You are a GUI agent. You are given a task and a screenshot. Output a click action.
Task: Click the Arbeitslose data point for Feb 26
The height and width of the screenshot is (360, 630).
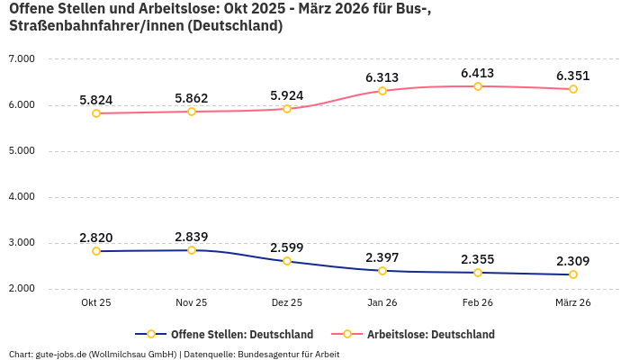click(x=478, y=86)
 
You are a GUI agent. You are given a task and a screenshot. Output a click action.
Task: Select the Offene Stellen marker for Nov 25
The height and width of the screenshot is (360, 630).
click(x=192, y=250)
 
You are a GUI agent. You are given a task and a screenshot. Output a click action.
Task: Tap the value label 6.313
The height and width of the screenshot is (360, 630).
click(x=382, y=77)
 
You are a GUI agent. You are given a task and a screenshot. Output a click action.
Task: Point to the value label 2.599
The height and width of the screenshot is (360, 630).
click(x=287, y=247)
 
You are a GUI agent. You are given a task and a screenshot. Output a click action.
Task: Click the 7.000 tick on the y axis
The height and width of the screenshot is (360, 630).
click(x=21, y=59)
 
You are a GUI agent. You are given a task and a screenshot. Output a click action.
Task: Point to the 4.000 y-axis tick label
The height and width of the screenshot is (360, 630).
click(x=21, y=197)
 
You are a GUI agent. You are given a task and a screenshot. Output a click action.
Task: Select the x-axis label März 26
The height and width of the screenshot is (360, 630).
click(x=573, y=303)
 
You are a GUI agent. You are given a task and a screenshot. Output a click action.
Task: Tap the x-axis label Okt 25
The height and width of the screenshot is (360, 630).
click(x=96, y=303)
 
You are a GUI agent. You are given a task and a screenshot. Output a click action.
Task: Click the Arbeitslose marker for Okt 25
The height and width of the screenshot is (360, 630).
click(x=96, y=113)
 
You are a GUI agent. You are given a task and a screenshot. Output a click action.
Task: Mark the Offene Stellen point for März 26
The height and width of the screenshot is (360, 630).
click(x=573, y=274)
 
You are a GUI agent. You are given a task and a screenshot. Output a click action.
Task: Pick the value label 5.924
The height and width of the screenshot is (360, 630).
click(x=287, y=95)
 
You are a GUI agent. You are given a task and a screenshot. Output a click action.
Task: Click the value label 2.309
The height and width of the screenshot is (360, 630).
click(x=573, y=261)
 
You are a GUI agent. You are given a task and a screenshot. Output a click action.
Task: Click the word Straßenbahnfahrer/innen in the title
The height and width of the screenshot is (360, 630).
click(x=83, y=26)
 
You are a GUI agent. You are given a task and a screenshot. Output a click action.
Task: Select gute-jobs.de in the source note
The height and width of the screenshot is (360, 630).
click(x=60, y=354)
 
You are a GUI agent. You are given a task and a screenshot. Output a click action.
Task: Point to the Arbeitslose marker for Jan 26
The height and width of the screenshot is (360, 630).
click(x=382, y=91)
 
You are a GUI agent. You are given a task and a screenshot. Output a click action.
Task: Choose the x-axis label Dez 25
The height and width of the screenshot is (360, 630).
click(x=287, y=303)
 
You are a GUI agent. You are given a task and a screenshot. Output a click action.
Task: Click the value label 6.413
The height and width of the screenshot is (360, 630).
click(x=478, y=73)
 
